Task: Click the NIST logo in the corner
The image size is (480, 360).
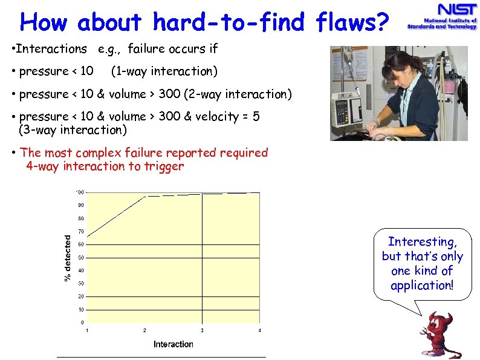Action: coord(441,17)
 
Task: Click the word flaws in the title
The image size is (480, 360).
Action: coord(352,22)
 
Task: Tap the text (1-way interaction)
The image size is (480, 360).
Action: coord(164,71)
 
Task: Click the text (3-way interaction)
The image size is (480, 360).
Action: coord(73,129)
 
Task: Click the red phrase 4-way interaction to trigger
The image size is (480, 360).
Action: coord(105,166)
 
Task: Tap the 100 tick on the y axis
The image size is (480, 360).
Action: coord(79,192)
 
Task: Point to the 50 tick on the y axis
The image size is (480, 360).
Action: coord(80,257)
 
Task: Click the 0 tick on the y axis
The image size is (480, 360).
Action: coord(82,322)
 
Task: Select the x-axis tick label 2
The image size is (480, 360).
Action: coord(144,330)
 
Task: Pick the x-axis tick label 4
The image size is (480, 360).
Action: coord(259,330)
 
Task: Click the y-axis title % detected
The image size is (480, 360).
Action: coord(68,257)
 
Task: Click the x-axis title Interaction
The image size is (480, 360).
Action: coord(173,344)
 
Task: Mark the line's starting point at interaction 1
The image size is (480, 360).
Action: coord(87,236)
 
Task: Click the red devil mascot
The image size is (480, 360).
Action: coord(439,335)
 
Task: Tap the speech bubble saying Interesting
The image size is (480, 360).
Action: coord(422,264)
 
